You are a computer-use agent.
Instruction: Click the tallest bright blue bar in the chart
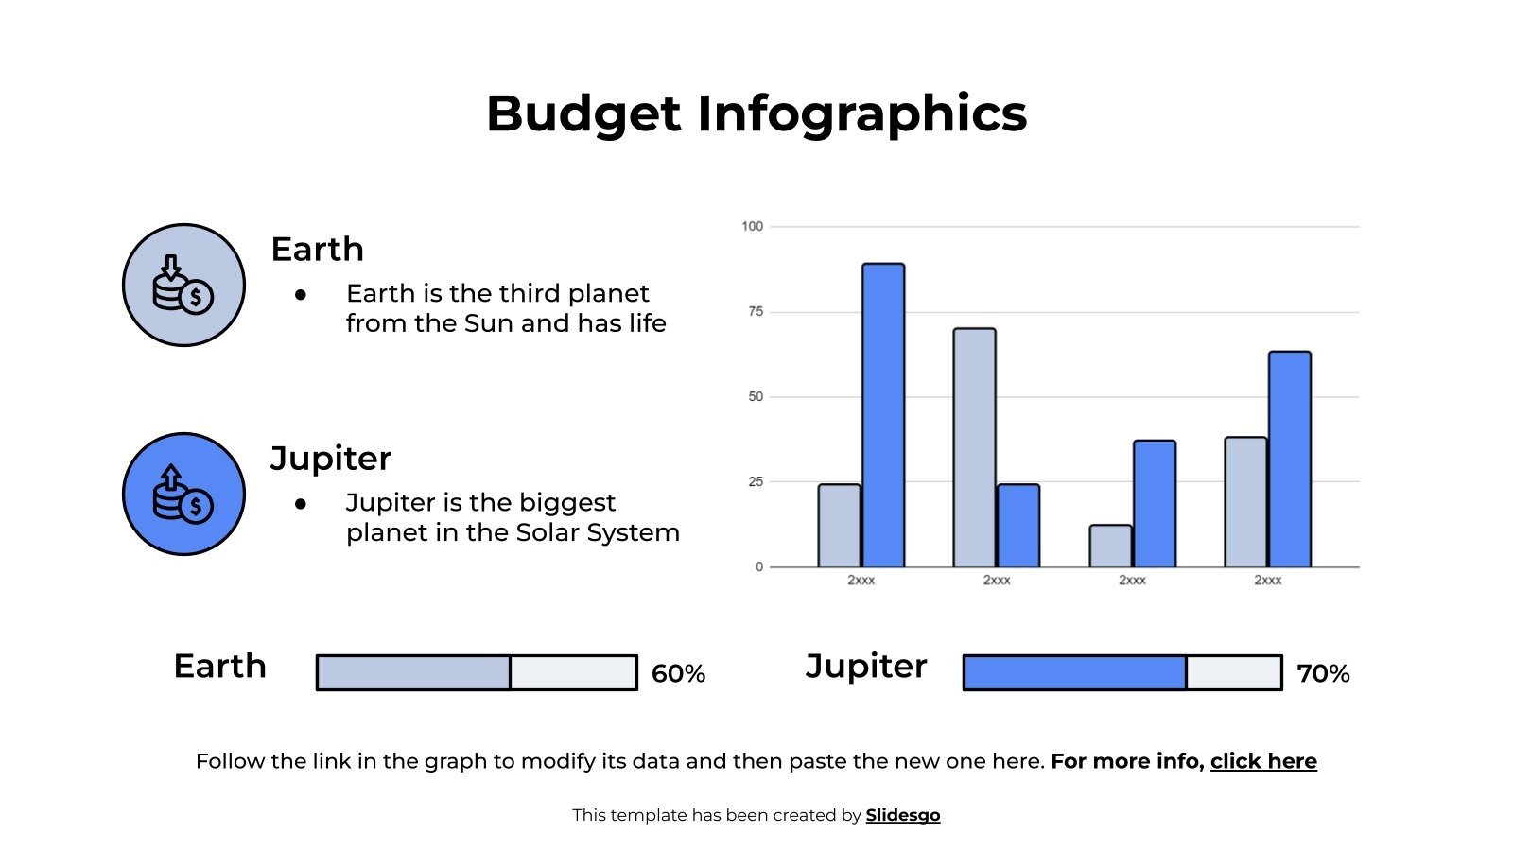point(883,416)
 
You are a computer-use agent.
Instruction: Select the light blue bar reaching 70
point(974,448)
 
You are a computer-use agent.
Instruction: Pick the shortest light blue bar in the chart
point(1110,547)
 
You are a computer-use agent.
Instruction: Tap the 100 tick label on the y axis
point(752,227)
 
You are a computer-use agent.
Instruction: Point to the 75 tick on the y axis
point(755,312)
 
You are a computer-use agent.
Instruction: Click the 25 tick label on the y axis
point(755,482)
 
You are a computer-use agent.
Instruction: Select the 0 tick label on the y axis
point(758,567)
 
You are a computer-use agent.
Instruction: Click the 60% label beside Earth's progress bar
point(678,674)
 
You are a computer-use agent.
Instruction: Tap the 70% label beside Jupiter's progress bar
point(1323,674)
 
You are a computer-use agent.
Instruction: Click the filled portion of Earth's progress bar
point(413,673)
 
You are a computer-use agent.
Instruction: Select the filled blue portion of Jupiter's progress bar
point(1074,673)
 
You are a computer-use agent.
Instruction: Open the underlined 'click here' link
point(1263,762)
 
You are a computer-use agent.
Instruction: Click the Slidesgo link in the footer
point(903,815)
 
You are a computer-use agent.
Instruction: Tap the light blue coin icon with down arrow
point(183,285)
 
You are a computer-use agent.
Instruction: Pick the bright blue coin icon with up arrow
point(183,494)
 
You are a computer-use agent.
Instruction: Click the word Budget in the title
point(583,114)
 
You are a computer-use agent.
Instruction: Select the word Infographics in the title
point(861,114)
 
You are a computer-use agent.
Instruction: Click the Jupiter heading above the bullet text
point(331,459)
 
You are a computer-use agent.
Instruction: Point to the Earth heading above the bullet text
point(317,250)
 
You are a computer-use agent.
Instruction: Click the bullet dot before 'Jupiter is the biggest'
point(301,504)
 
